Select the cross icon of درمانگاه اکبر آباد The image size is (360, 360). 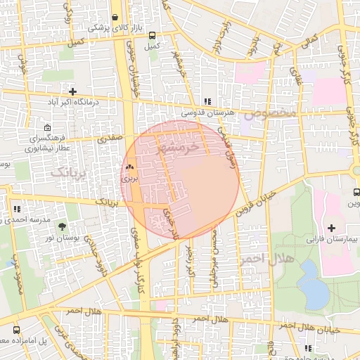[x=72, y=91]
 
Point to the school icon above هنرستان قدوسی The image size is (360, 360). [x=207, y=101]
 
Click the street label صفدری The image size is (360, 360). [x=110, y=139]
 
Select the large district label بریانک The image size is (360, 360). [x=72, y=172]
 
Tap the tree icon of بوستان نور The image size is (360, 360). [x=63, y=226]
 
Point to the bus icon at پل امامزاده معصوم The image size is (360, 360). [x=15, y=329]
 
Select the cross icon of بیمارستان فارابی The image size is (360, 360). [x=332, y=227]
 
